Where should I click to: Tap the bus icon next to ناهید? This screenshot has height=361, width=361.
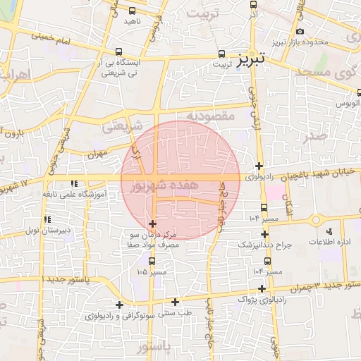point(133,11)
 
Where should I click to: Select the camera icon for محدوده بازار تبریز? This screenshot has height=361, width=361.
point(301,31)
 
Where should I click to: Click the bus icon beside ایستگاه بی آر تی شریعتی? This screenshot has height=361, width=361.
point(118,51)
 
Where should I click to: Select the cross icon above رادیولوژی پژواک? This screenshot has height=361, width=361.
point(262,288)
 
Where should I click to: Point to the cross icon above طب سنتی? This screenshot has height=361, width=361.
point(175,302)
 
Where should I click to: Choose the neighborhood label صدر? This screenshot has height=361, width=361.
point(317,135)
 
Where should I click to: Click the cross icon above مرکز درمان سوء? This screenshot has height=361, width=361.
point(153,224)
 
